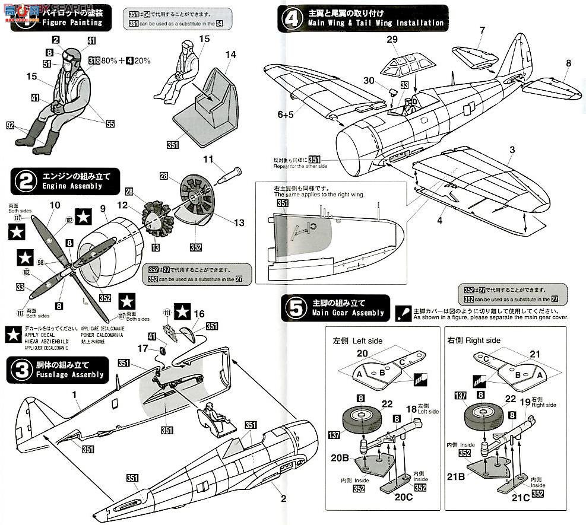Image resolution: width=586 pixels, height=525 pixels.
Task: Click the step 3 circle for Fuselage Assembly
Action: (x=22, y=370)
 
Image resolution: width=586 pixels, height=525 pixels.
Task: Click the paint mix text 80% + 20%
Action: (x=126, y=60)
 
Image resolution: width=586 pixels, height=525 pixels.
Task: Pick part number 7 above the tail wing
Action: (x=482, y=30)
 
